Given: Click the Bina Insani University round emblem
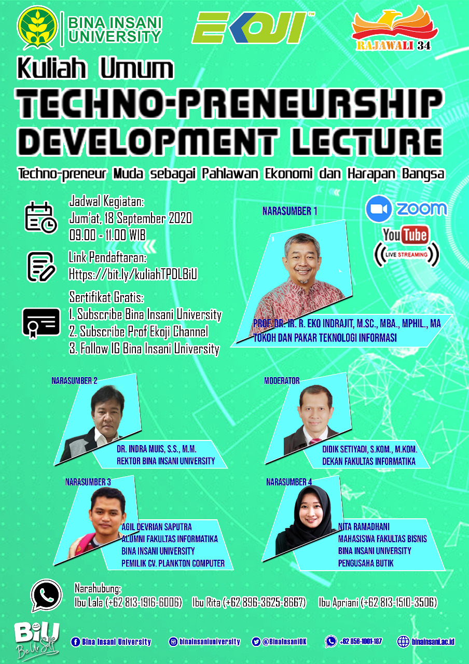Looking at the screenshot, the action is (37, 28).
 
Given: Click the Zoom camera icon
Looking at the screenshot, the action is (379, 209).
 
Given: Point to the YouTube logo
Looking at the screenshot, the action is (405, 235).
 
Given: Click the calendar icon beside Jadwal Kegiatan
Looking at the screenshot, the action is (40, 218).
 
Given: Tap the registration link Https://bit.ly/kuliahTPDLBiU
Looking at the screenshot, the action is (133, 274).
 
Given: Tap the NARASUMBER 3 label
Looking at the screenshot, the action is (88, 482).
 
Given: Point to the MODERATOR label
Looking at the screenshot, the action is (282, 381).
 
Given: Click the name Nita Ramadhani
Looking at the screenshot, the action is (364, 527).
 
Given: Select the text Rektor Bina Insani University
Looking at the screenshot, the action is (165, 461).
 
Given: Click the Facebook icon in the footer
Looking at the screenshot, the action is (75, 642).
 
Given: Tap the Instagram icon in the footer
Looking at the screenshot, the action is (173, 642).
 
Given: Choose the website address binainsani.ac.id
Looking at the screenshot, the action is (433, 642).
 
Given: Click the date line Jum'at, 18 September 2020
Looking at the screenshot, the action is (130, 218).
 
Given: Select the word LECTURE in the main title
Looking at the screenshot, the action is (368, 141).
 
